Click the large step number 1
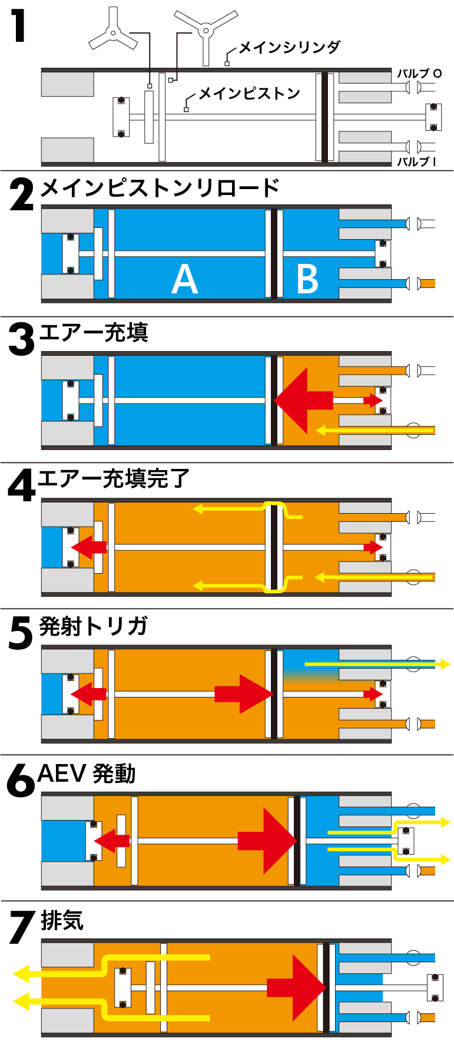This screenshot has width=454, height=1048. (19, 27)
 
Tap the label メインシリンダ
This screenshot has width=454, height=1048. (289, 47)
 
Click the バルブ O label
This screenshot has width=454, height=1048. (419, 74)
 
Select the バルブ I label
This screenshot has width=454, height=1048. (416, 161)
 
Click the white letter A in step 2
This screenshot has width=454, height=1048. (184, 279)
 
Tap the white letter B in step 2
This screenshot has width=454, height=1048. (307, 279)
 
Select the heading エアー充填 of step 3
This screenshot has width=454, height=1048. (94, 333)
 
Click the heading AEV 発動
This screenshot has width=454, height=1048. (87, 773)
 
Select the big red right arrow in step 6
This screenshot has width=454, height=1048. (267, 841)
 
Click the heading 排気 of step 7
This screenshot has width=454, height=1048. (62, 920)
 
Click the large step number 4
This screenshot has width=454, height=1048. (22, 486)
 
